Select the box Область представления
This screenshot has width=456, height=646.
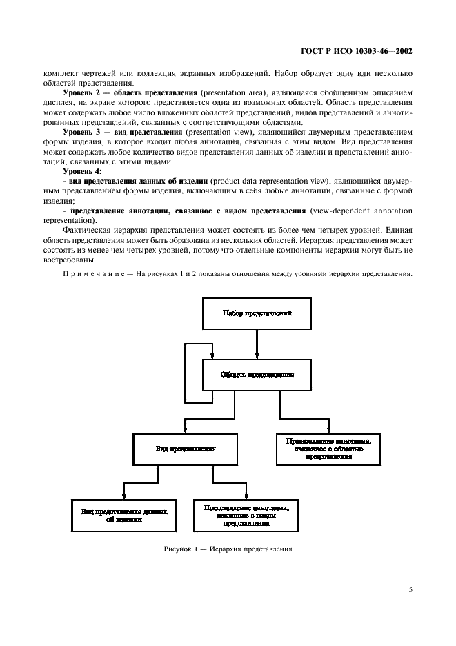[x=257, y=375]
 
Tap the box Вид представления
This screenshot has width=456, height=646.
[x=186, y=449]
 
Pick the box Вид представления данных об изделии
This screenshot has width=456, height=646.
[x=123, y=515]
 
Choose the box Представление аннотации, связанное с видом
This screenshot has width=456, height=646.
[x=246, y=515]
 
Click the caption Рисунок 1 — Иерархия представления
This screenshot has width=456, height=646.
[x=228, y=551]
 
